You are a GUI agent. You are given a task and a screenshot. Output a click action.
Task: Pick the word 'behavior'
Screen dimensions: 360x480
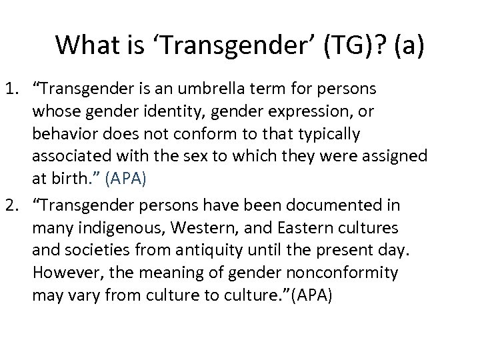coord(62,134)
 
